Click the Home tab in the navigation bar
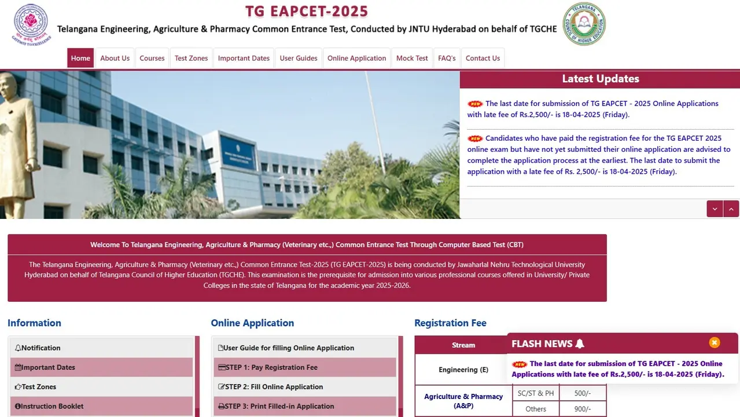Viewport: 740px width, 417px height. pos(80,58)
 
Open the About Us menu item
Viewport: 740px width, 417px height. pos(115,58)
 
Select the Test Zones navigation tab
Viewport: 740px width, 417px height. pos(191,58)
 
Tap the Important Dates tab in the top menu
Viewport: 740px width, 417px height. pos(244,58)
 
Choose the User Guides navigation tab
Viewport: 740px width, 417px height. pos(299,58)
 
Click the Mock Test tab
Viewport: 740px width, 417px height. pos(412,58)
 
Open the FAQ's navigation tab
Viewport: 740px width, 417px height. pos(447,58)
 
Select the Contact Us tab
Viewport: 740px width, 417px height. pos(483,58)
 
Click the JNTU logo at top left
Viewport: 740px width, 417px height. pos(31,24)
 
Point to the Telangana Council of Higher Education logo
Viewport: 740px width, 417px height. pos(584,24)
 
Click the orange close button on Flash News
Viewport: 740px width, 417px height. pos(715,342)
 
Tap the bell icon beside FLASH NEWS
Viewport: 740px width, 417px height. pos(580,344)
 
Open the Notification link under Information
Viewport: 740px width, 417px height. pos(41,348)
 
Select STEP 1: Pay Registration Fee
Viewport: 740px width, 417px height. pos(270,367)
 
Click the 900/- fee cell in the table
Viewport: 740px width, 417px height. pos(582,409)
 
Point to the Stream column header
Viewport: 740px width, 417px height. pos(463,345)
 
